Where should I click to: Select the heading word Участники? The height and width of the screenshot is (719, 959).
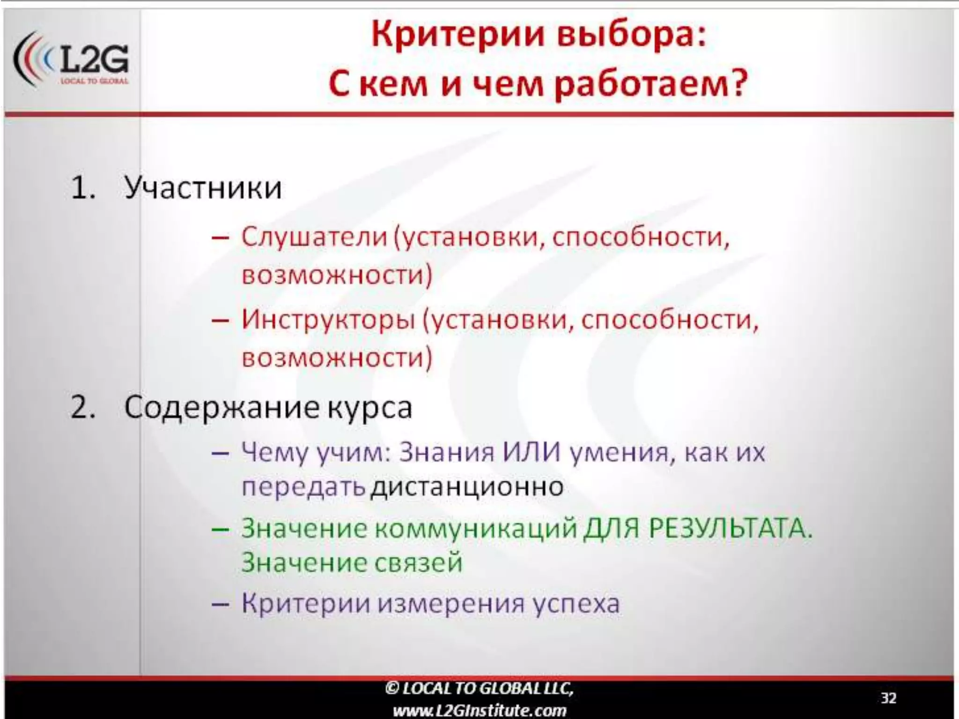[x=203, y=188]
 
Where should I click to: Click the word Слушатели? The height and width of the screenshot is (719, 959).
[x=314, y=237]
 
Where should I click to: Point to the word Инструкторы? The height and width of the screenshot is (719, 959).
[x=328, y=320]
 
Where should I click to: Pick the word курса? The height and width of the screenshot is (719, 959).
[x=369, y=408]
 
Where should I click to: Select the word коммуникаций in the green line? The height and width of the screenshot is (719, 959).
[x=476, y=529]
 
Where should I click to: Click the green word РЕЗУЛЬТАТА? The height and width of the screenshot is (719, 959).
[x=730, y=529]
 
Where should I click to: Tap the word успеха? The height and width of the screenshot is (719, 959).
[x=576, y=603]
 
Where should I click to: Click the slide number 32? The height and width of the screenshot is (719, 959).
[x=888, y=698]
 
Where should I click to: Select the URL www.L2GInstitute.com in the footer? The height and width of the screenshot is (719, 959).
[x=479, y=711]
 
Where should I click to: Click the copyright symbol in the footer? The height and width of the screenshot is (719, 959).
[x=392, y=688]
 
